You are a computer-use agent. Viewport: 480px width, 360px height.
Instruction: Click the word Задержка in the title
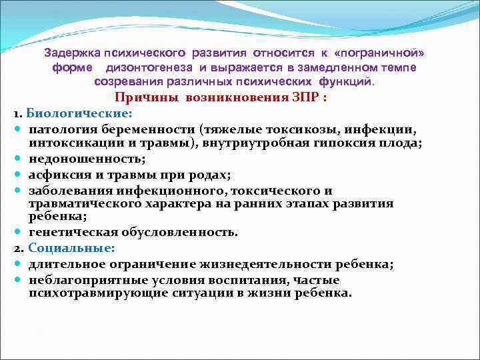[x=70, y=53]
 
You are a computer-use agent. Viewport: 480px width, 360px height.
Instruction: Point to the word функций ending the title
[x=351, y=82]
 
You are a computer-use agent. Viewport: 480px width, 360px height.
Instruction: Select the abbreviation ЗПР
[x=302, y=97]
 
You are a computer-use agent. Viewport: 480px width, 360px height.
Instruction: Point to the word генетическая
[x=69, y=232]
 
